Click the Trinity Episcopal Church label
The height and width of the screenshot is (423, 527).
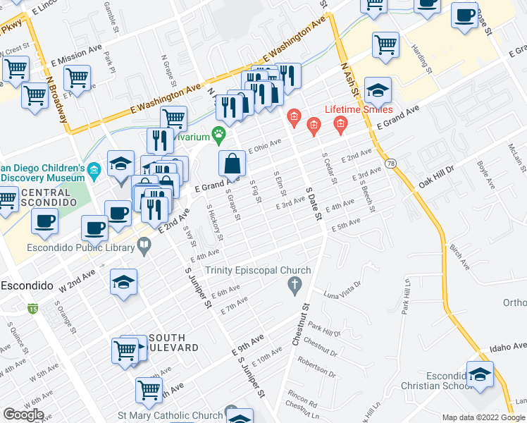tap(258, 271)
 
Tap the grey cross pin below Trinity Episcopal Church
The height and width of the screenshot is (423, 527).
tap(294, 286)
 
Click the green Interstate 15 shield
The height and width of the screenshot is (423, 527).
tap(33, 308)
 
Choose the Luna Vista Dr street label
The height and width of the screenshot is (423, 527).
tap(342, 288)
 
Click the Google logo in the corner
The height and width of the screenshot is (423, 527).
tap(23, 415)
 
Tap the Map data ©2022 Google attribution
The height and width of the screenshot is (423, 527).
tap(483, 417)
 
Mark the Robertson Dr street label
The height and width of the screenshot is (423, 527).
tap(316, 367)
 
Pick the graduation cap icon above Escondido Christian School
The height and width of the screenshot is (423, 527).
tap(480, 374)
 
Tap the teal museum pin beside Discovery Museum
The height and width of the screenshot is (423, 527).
tap(95, 170)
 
